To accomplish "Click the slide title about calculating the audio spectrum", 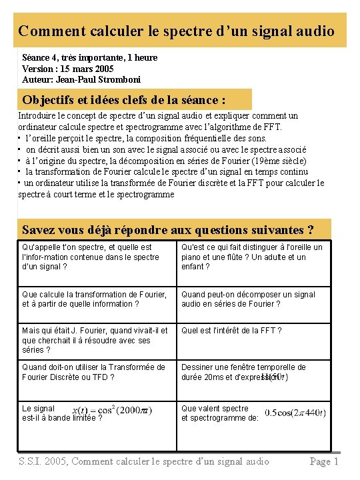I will click(176, 31).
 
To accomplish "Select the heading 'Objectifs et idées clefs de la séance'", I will click(124, 100).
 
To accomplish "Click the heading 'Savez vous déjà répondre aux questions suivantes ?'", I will click(168, 230).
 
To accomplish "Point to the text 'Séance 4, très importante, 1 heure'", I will click(90, 57).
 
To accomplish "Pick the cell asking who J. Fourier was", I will click(95, 340).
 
